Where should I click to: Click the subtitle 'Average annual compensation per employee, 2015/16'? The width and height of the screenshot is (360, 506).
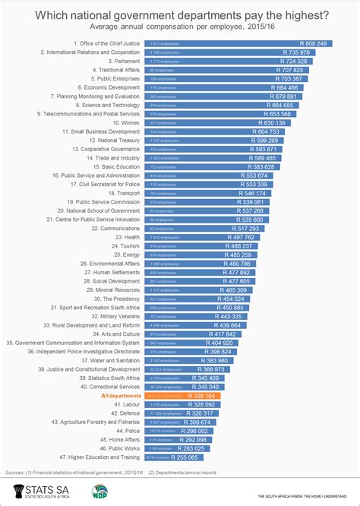point(180,28)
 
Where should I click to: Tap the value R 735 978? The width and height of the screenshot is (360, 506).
point(295,52)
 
